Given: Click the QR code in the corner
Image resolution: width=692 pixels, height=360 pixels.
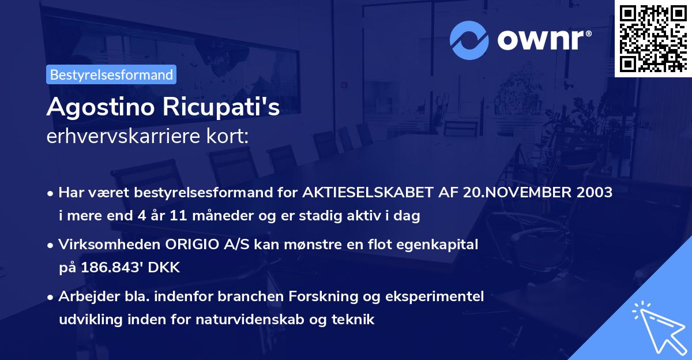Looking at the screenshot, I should pos(653,38).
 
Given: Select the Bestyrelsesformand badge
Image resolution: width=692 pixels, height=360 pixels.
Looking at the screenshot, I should pos(111,74).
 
